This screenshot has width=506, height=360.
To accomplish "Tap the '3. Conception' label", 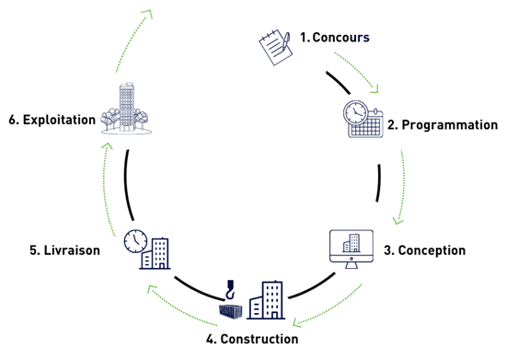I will (x=424, y=250).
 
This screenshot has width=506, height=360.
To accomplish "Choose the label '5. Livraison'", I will (x=56, y=250).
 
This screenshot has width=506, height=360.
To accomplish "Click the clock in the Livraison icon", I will (x=135, y=239).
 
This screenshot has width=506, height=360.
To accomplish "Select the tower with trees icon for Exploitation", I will (x=128, y=110).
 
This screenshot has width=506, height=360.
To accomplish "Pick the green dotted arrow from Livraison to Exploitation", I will (x=103, y=184).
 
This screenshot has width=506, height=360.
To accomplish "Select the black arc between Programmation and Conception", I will (x=378, y=183).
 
